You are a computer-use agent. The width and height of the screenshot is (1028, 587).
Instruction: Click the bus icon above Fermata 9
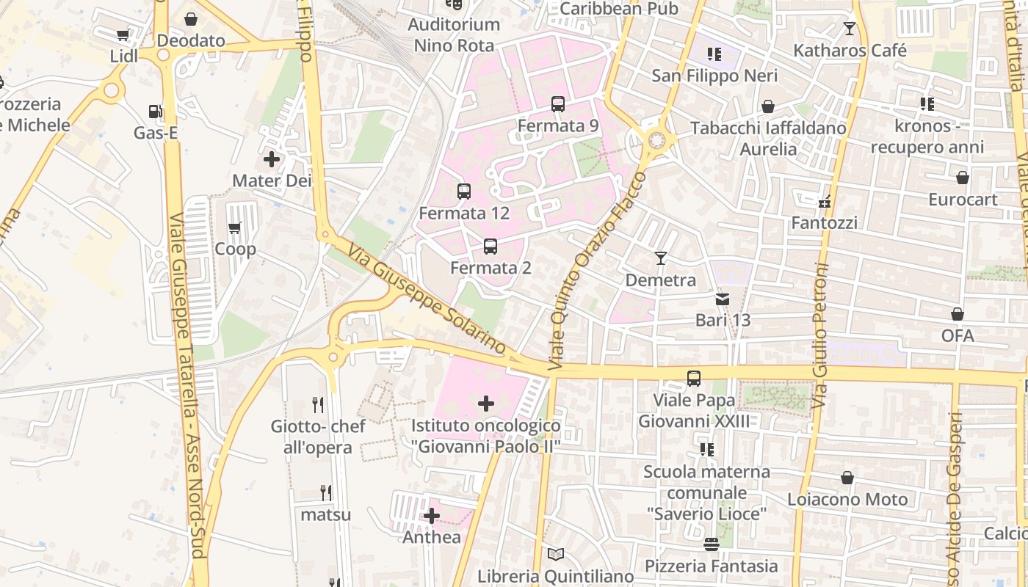click(x=558, y=104)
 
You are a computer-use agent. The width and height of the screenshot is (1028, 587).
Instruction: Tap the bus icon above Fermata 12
click(x=464, y=192)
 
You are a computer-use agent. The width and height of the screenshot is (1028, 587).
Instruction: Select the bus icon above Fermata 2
click(x=491, y=247)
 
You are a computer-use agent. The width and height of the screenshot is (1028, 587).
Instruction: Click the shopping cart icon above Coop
click(x=235, y=227)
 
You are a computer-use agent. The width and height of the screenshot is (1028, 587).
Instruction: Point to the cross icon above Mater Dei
click(x=272, y=158)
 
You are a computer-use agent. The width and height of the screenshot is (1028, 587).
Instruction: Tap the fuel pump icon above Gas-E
click(x=156, y=112)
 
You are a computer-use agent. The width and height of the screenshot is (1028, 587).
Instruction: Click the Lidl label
click(x=124, y=56)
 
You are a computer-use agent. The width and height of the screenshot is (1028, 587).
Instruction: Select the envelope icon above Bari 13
click(x=723, y=299)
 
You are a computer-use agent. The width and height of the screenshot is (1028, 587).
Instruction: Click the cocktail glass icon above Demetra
click(x=661, y=258)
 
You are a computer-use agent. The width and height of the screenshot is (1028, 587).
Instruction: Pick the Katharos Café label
click(x=850, y=51)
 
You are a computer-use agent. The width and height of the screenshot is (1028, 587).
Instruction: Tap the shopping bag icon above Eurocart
click(x=962, y=178)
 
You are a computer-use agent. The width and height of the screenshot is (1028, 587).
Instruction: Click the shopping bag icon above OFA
click(x=958, y=314)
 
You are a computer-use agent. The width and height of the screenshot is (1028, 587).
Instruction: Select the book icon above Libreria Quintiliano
click(x=555, y=555)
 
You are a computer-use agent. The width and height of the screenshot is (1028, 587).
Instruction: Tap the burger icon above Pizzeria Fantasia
click(x=711, y=544)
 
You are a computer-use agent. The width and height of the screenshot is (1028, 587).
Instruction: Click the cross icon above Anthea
click(x=432, y=516)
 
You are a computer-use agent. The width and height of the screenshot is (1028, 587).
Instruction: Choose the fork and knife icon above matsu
click(x=325, y=492)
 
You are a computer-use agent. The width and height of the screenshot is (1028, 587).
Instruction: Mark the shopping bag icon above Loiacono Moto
click(x=847, y=478)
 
